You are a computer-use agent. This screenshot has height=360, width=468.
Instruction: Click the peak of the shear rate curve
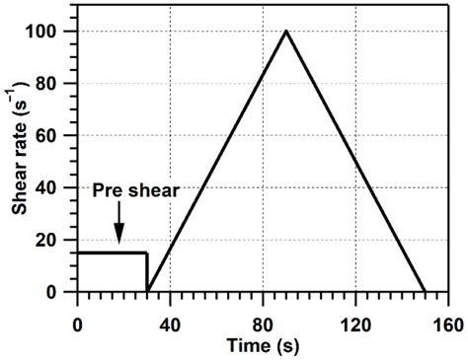pyautogui.click(x=285, y=32)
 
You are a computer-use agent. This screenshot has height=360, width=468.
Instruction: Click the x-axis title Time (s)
pyautogui.click(x=262, y=344)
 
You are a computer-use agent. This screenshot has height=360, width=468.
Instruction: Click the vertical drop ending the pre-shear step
pyautogui.click(x=147, y=272)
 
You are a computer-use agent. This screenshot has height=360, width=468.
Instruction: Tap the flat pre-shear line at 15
pyautogui.click(x=109, y=253)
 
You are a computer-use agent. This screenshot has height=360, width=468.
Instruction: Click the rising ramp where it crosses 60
pyautogui.click(x=230, y=136)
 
